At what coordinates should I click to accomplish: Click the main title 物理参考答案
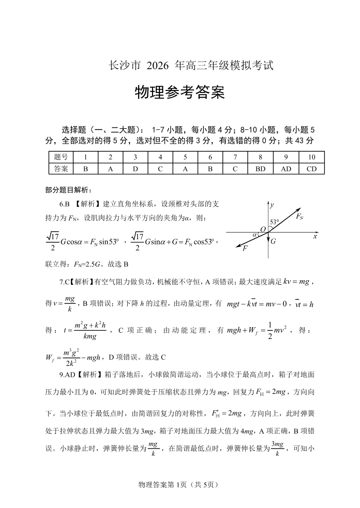pyautogui.click(x=179, y=93)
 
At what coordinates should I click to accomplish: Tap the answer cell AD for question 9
pyautogui.click(x=286, y=169)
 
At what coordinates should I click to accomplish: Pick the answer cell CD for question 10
pyautogui.click(x=311, y=169)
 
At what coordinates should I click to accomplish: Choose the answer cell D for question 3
pyautogui.click(x=135, y=169)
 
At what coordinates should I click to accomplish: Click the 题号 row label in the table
pyautogui.click(x=61, y=157)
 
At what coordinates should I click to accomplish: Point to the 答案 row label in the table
pyautogui.click(x=61, y=169)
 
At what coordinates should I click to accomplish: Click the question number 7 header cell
pyautogui.click(x=235, y=157)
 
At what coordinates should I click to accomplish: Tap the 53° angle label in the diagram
pyautogui.click(x=275, y=222)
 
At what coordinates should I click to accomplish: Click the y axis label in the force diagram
pyautogui.click(x=272, y=205)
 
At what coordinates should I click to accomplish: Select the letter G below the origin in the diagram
pyautogui.click(x=273, y=241)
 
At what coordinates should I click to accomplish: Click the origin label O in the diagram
pyautogui.click(x=263, y=229)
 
